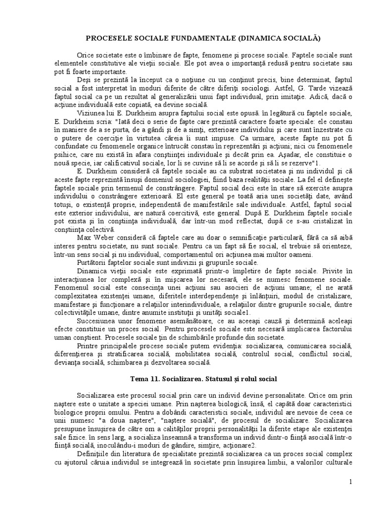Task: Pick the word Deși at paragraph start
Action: click(x=85, y=79)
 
